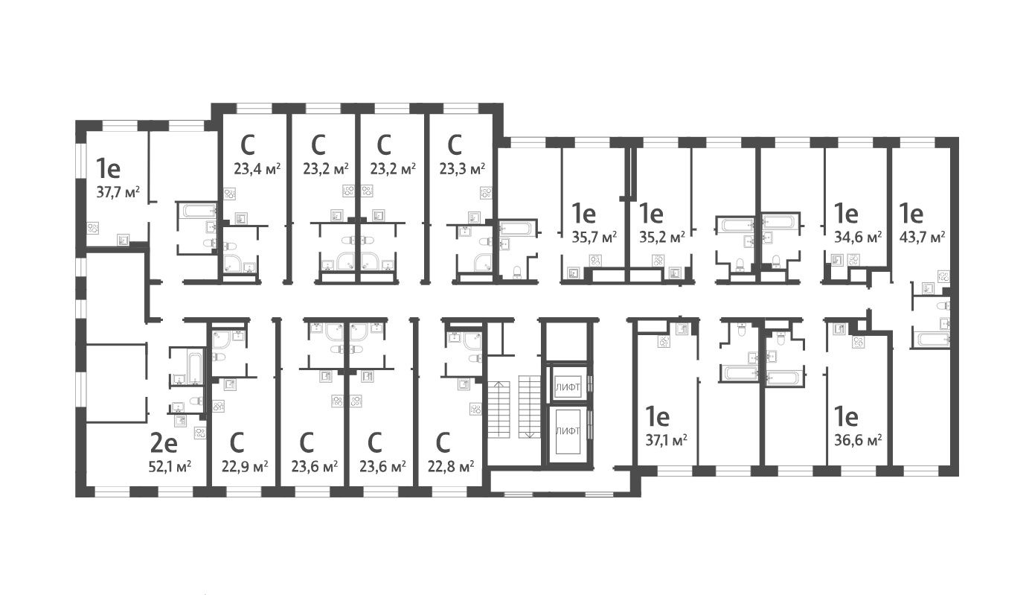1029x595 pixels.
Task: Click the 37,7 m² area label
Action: pos(118,191)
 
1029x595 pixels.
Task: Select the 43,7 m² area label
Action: pos(922,237)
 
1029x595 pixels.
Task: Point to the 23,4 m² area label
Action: pos(257,168)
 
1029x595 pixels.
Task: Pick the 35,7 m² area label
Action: pos(594,238)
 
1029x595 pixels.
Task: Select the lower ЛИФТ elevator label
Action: pos(567,431)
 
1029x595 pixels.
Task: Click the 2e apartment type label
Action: pos(164,444)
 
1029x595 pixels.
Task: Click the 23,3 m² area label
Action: pos(462,168)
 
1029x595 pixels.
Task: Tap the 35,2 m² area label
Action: pos(662,238)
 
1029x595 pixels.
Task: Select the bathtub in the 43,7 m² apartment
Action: pos(932,340)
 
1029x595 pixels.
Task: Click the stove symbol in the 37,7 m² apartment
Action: pos(94,229)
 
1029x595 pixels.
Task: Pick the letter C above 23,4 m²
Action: pos(249,142)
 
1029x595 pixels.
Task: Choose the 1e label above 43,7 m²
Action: pos(912,214)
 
